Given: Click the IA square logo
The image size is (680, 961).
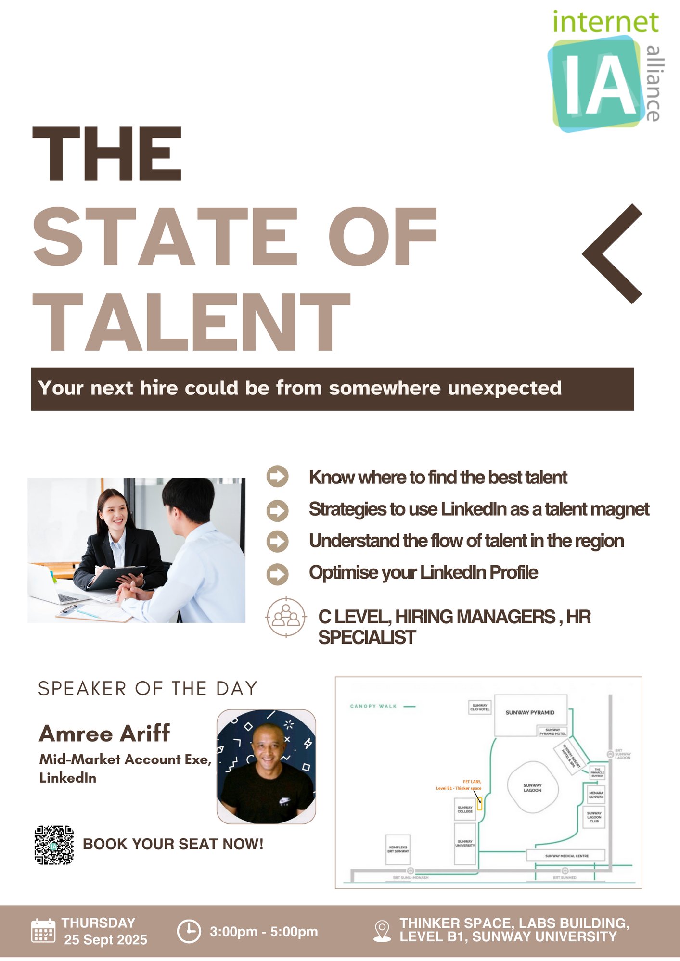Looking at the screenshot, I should [597, 84].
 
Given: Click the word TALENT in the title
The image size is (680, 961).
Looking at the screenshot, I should [191, 322].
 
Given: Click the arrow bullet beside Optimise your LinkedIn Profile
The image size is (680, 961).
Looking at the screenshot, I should [277, 573].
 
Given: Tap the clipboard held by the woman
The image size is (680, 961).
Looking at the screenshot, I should [115, 577].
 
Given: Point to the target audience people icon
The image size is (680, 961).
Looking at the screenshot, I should [286, 617].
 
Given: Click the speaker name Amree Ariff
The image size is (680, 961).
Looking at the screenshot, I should [104, 733].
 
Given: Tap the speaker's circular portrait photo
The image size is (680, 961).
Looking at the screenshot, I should [266, 766].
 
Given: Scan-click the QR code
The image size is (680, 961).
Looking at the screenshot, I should [54, 845].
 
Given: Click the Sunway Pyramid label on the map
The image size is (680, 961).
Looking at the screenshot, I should [530, 712].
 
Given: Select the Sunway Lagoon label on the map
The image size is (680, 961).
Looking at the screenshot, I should [532, 787].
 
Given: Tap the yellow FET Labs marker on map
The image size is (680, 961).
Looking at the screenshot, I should [479, 803].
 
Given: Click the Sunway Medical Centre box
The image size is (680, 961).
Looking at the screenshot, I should [566, 856].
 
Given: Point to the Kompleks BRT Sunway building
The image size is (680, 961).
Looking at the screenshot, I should [398, 849].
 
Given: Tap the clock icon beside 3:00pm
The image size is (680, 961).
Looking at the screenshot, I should [189, 931].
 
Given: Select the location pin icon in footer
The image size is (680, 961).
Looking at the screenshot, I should [382, 931].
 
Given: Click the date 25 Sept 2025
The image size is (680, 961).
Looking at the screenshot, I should [106, 939].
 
